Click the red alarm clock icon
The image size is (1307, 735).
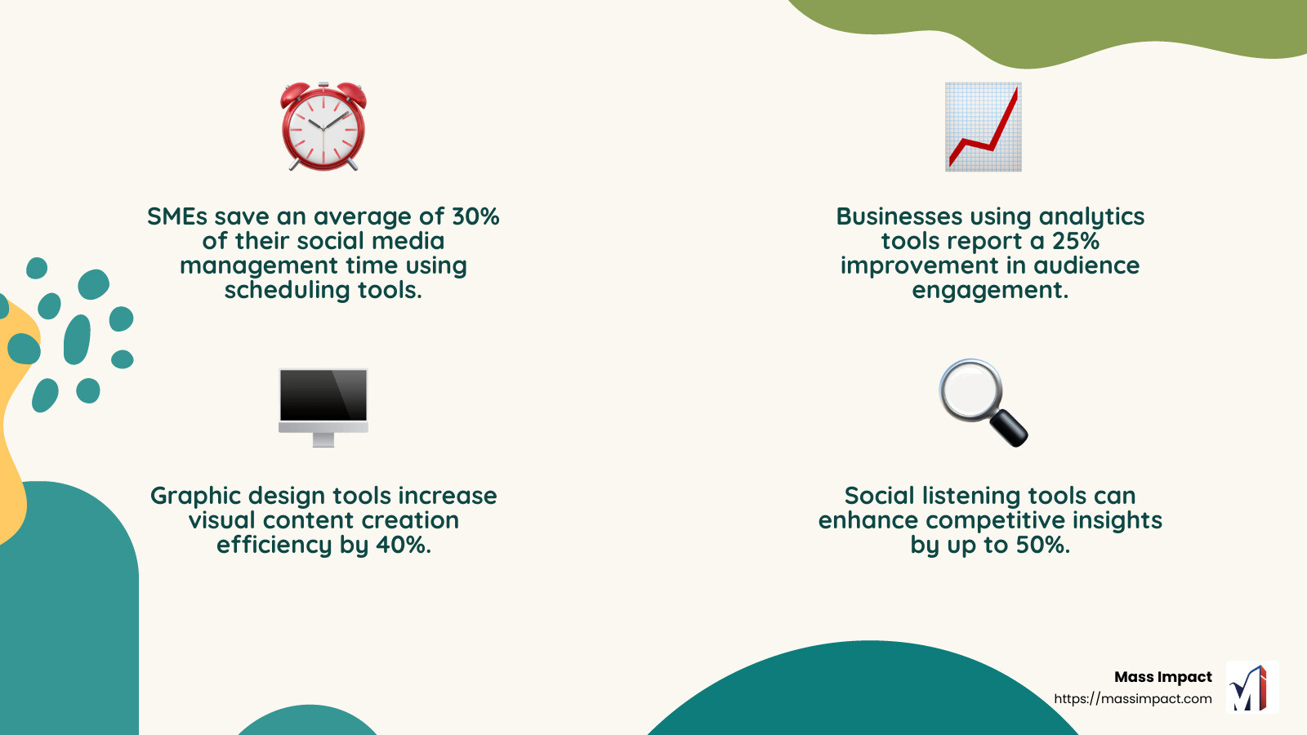323,127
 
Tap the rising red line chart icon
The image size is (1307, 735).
984,127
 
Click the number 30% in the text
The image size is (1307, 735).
475,216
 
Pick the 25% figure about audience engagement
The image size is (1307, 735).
1075,241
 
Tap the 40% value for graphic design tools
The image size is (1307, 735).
403,545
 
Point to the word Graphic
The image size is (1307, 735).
195,496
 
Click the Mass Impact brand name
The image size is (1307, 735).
1162,677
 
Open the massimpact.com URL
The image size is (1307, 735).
1132,699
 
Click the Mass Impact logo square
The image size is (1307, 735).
1251,688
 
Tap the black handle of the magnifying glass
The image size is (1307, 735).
1009,427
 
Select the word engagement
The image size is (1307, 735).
990,290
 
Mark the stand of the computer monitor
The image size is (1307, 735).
323,440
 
